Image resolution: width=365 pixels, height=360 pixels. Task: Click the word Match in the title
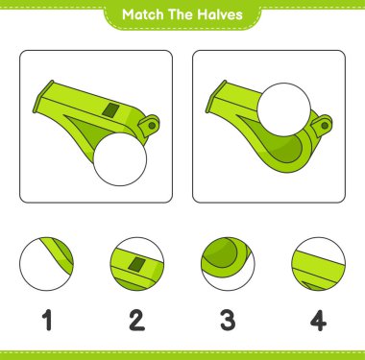tap(139, 14)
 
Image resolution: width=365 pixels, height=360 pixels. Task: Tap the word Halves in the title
tap(220, 14)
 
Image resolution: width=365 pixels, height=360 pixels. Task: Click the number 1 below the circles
tap(47, 320)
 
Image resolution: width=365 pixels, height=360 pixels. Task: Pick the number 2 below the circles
tap(137, 320)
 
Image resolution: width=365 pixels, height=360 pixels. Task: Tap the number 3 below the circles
tap(228, 320)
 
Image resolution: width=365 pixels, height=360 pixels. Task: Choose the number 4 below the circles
tap(318, 320)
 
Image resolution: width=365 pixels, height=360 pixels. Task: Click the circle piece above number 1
tap(46, 264)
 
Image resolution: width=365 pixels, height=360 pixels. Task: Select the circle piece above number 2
tap(137, 264)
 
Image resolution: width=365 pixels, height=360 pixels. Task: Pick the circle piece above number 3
tap(228, 264)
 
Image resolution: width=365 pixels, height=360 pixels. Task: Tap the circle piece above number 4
tap(318, 264)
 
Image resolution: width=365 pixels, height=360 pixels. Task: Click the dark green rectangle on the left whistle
tap(110, 109)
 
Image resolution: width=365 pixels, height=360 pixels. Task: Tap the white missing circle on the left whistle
tap(120, 159)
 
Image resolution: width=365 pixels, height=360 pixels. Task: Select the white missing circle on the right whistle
tap(284, 109)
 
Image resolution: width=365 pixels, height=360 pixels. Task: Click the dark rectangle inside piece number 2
tap(136, 264)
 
